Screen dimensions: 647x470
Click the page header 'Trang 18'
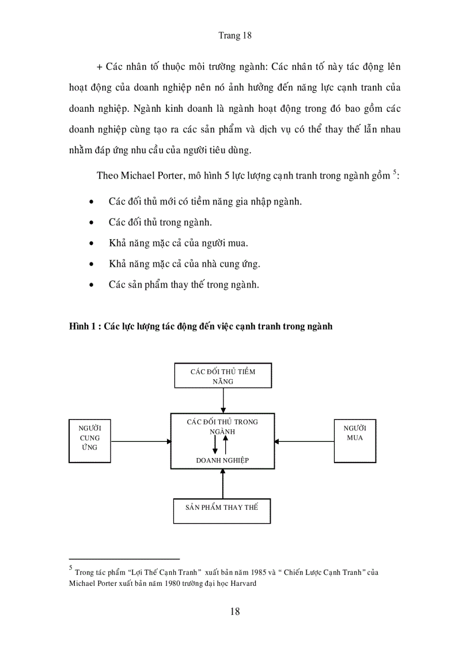pos(235,35)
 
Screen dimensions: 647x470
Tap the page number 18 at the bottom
pos(234,611)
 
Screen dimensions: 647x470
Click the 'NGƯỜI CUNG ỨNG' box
pos(89,442)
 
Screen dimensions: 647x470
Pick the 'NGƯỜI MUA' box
pos(355,442)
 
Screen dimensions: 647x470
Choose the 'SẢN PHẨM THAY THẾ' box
pos(222,508)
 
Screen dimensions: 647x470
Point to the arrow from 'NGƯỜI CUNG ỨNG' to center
pos(141,442)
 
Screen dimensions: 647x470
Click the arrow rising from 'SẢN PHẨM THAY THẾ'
pos(222,483)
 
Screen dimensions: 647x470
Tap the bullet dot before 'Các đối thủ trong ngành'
pos(92,222)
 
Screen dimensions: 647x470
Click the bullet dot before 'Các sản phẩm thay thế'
pos(92,285)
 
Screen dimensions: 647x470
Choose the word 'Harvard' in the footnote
pos(242,583)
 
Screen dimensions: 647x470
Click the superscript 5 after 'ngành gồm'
pos(395,172)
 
